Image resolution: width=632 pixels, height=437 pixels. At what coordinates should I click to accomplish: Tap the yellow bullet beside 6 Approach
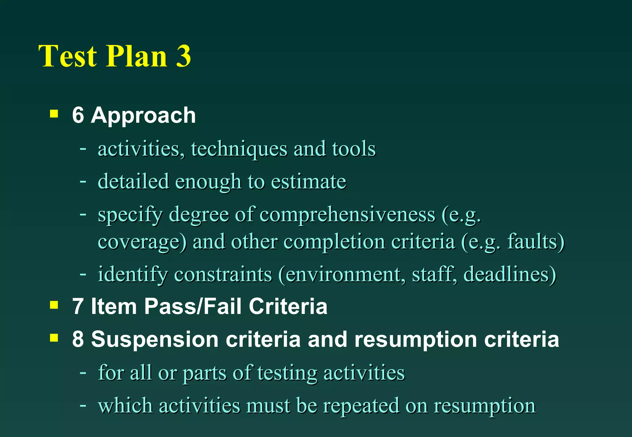(x=54, y=114)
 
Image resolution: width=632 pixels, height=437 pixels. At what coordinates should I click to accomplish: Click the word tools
(x=354, y=149)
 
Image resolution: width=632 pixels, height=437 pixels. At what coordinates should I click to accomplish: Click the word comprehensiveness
(x=347, y=214)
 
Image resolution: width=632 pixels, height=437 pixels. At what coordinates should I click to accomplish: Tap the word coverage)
(x=142, y=241)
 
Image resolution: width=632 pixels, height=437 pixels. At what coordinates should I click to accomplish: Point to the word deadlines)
(x=510, y=274)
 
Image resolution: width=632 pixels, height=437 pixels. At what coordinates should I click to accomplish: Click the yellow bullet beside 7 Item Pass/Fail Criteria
(x=54, y=305)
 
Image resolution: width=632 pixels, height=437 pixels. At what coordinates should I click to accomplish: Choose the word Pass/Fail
(x=193, y=307)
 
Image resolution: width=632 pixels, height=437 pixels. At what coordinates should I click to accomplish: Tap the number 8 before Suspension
(x=78, y=339)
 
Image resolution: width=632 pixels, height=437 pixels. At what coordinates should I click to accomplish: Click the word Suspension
(x=155, y=339)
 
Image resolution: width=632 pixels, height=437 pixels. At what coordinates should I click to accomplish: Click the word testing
(x=287, y=373)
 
